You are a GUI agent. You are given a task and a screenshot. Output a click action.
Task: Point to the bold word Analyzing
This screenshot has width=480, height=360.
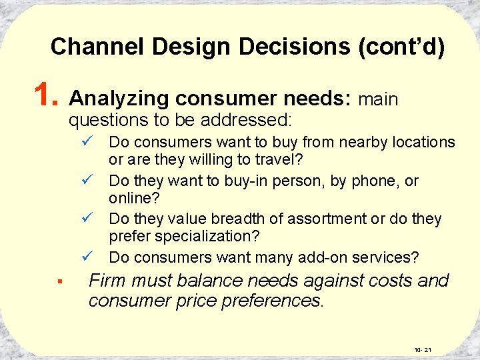[x=119, y=99]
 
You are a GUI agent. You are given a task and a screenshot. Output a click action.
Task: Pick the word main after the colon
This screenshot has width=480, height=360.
[x=378, y=99]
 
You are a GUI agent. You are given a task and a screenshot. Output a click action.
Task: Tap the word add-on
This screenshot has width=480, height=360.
[x=331, y=257]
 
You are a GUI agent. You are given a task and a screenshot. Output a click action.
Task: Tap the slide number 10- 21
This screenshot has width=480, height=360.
[x=423, y=349]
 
